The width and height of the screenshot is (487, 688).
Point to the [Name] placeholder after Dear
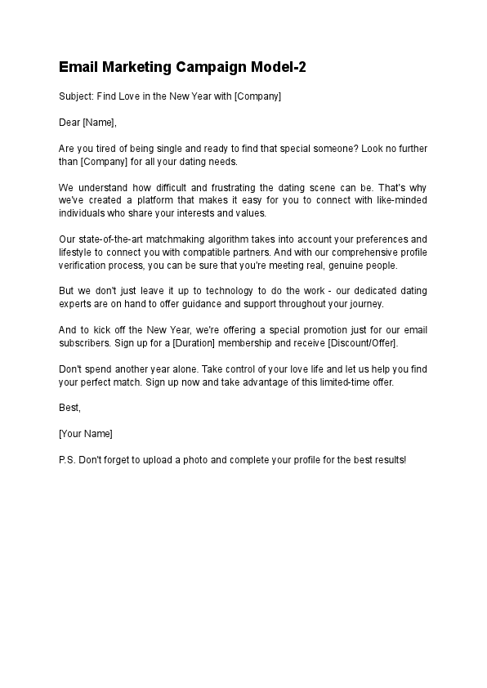[x=100, y=123]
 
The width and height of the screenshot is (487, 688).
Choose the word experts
[x=76, y=305]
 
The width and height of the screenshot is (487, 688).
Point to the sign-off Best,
[x=70, y=406]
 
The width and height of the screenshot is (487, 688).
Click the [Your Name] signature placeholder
[x=86, y=432]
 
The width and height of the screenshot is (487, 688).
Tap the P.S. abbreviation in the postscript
[x=68, y=458]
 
